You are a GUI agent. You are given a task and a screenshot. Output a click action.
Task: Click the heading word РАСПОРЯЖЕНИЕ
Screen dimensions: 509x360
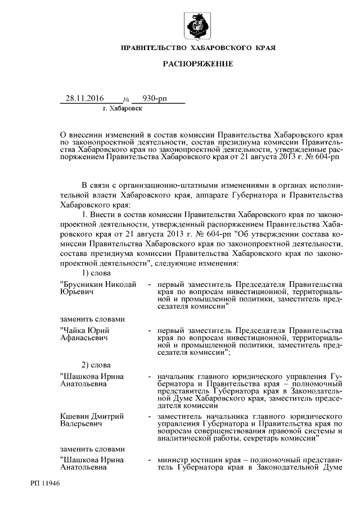pyautogui.click(x=198, y=65)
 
